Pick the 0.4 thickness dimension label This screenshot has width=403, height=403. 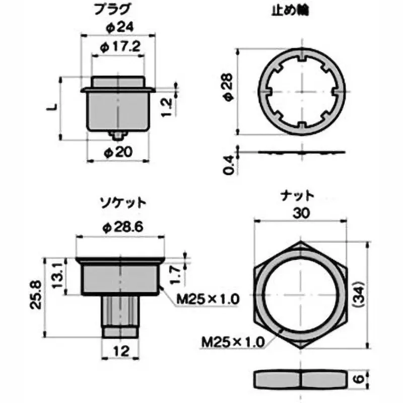pos(228,165)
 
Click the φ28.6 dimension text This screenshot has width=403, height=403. pos(123,227)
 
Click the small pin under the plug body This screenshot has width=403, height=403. pos(118,135)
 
